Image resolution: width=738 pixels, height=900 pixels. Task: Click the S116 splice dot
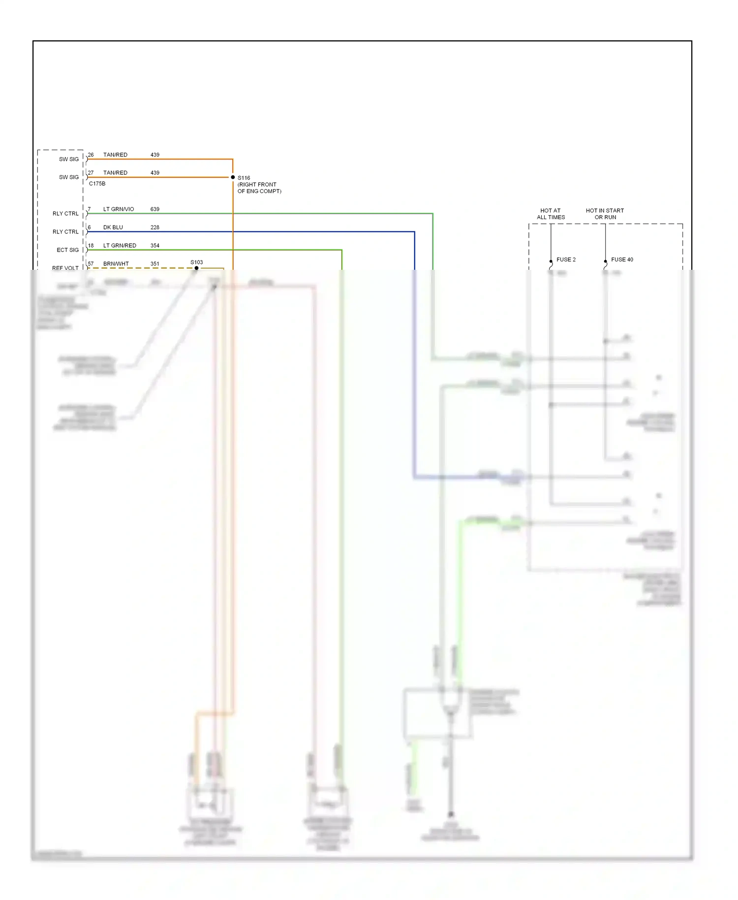[233, 177]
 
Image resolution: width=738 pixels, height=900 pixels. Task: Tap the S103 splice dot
[197, 268]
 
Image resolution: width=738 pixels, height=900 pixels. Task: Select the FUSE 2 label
[566, 259]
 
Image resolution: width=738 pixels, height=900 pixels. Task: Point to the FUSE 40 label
[622, 259]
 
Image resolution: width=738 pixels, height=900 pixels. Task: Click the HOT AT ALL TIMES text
[551, 214]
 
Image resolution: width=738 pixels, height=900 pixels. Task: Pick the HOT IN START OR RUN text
[605, 214]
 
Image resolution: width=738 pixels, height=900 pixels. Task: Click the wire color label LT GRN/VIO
[119, 209]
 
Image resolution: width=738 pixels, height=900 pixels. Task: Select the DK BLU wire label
[113, 227]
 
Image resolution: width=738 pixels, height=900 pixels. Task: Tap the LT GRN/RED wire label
[120, 246]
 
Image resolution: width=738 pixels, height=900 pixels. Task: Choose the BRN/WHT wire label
[116, 264]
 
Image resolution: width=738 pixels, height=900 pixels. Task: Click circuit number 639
[155, 209]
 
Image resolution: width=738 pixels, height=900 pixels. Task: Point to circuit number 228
[155, 227]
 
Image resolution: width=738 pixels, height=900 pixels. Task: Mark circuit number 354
[155, 246]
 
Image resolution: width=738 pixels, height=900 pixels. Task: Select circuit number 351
[155, 264]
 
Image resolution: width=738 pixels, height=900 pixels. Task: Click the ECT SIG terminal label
[68, 250]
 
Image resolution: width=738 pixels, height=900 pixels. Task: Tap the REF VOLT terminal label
[65, 268]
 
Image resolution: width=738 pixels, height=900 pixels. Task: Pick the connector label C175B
[97, 184]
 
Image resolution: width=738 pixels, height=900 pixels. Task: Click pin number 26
[91, 155]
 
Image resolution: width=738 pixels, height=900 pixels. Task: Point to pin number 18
[91, 246]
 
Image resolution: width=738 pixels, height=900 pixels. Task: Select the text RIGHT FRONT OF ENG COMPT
[259, 188]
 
